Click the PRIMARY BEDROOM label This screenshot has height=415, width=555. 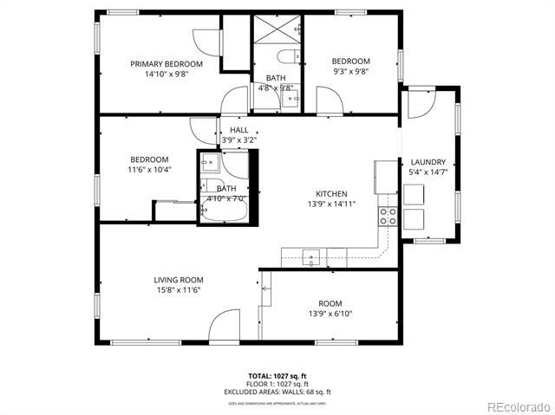click(x=166, y=64)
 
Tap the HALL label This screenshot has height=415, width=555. click(x=238, y=130)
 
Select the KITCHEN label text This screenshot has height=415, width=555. click(x=331, y=194)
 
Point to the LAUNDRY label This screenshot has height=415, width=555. click(x=428, y=162)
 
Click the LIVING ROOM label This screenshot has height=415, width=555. click(x=179, y=280)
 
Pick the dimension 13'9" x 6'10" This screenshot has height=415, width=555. click(x=330, y=314)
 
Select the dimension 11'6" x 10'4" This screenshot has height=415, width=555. click(x=149, y=170)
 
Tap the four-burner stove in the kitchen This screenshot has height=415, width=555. click(x=388, y=216)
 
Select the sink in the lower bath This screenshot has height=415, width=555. click(x=210, y=162)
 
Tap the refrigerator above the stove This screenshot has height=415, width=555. click(x=385, y=178)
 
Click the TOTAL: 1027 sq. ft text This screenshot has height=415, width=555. click(x=277, y=376)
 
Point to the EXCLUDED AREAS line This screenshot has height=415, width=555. click(x=277, y=391)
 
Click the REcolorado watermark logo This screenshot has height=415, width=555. click(x=517, y=405)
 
